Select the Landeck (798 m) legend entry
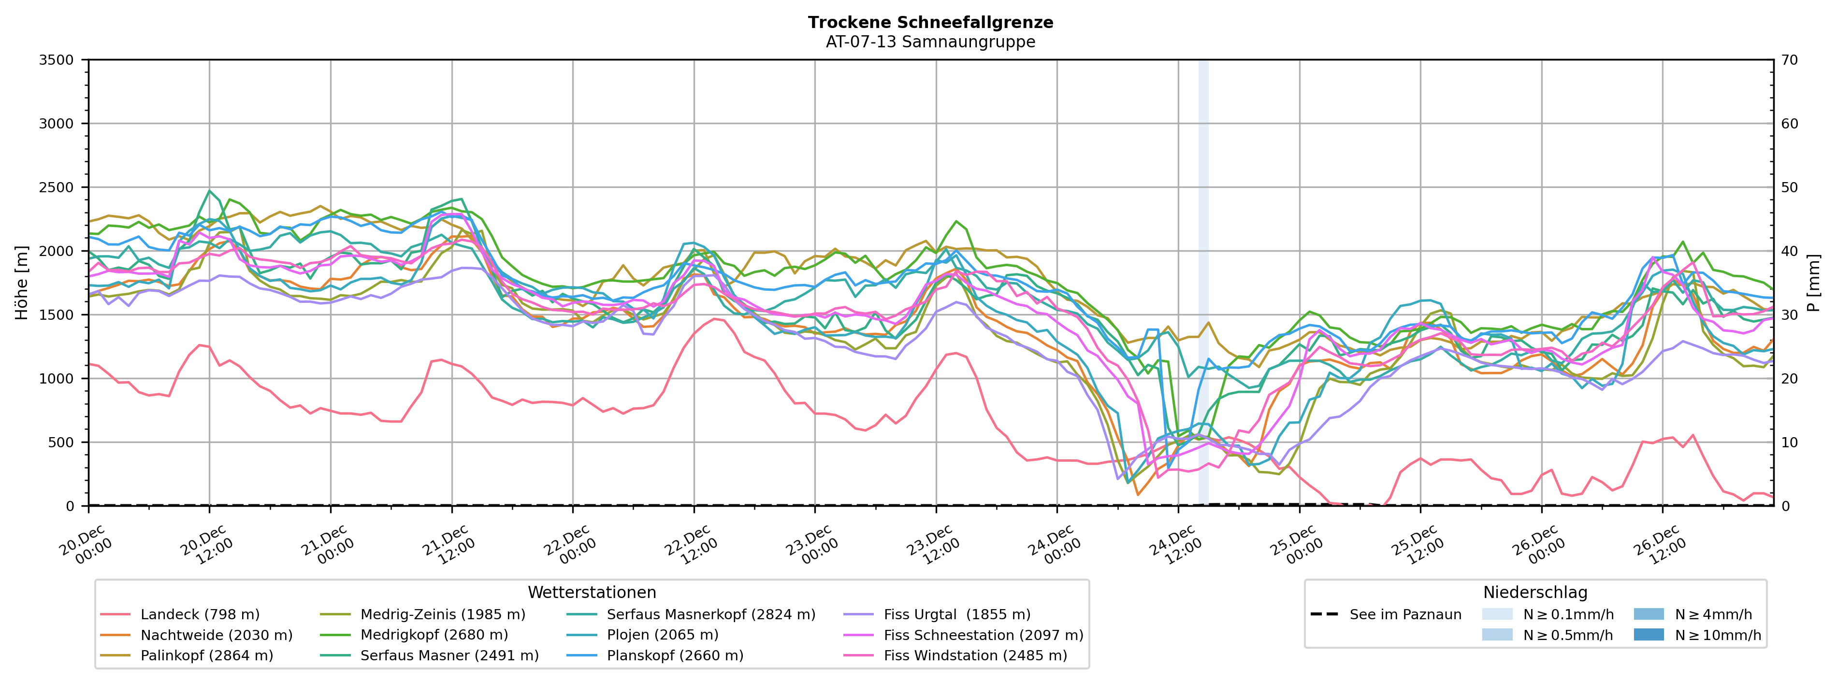[x=200, y=614]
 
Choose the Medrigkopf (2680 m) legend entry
[x=434, y=635]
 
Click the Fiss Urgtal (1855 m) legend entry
[x=956, y=614]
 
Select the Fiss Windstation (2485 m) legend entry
[x=975, y=655]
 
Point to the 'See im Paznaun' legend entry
[x=1405, y=614]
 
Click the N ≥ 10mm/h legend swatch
[x=1648, y=635]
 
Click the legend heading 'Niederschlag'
[x=1534, y=593]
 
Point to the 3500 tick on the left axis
[x=57, y=60]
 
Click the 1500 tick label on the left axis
[x=57, y=314]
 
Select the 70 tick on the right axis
[x=1789, y=60]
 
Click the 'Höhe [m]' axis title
[x=21, y=282]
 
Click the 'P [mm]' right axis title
[x=1813, y=282]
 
